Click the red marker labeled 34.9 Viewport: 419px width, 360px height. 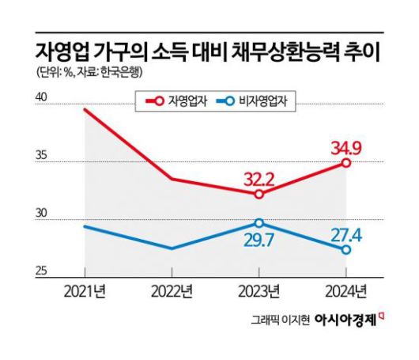(345, 162)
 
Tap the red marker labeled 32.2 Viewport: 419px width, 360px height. (259, 194)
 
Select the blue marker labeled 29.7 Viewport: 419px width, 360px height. (259, 223)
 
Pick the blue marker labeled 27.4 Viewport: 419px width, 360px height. (345, 249)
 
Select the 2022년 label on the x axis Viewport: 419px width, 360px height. (172, 290)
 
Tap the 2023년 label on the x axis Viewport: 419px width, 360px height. (259, 290)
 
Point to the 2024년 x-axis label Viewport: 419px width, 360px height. (345, 290)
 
